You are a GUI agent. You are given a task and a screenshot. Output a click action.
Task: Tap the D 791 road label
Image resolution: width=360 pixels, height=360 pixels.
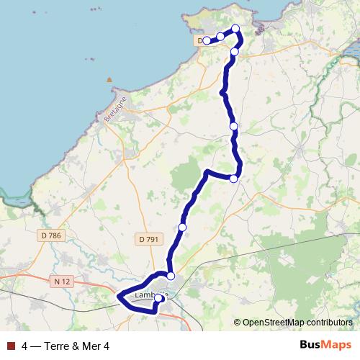click(x=147, y=239)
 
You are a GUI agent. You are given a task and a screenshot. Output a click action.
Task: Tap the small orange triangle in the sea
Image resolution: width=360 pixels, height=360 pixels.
click(x=109, y=79)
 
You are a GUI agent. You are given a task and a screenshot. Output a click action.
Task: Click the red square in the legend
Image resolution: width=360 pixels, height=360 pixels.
click(x=11, y=346)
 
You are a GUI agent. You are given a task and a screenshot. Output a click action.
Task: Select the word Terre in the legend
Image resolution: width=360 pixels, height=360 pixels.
click(x=57, y=346)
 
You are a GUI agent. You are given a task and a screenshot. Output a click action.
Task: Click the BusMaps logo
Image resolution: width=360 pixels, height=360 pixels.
click(x=325, y=345)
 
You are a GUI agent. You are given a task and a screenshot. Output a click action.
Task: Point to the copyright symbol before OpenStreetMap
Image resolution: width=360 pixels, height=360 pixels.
click(x=237, y=323)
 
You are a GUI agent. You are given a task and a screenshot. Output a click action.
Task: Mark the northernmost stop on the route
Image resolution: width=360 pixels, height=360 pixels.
click(x=235, y=29)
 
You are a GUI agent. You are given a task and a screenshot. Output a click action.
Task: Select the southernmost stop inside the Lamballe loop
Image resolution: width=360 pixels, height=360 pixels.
click(x=158, y=298)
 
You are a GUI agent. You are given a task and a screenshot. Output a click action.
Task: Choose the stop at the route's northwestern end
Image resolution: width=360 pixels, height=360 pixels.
click(x=207, y=40)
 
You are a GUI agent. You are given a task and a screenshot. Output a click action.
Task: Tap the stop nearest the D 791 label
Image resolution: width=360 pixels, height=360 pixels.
click(x=182, y=227)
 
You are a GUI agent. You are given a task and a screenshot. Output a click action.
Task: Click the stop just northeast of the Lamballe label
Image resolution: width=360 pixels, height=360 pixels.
click(x=171, y=276)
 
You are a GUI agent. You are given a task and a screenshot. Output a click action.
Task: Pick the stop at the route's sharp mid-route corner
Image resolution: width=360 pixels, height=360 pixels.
click(x=234, y=179)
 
